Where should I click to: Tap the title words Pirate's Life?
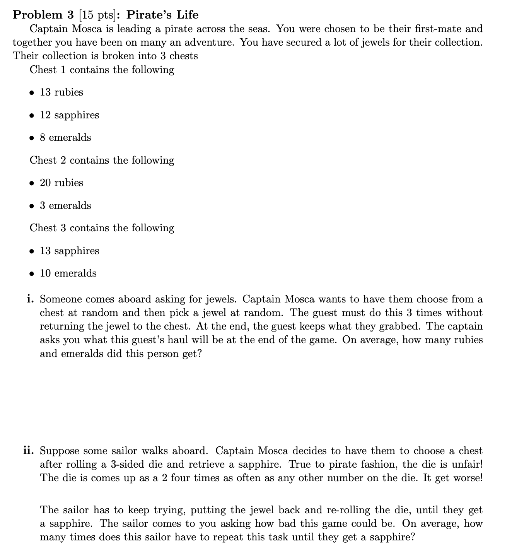162,15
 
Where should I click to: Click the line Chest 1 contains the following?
102,70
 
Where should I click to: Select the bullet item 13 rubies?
61,92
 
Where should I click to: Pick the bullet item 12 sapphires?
69,115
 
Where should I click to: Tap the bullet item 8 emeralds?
65,138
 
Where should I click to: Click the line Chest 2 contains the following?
102,161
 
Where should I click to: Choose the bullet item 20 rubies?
61,183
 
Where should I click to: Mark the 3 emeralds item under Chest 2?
65,205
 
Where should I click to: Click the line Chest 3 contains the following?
102,228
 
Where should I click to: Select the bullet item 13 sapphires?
69,251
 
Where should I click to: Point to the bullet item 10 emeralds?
68,273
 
